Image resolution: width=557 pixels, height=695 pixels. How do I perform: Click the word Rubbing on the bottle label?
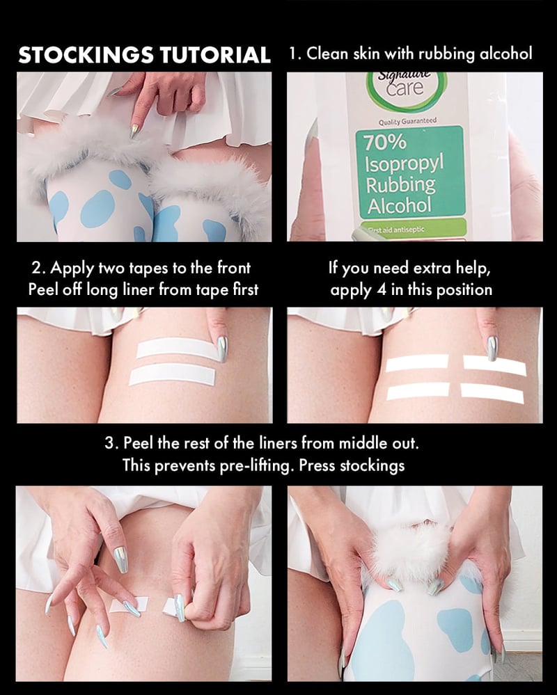click(x=399, y=185)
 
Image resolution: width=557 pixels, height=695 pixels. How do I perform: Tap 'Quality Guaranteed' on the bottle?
click(x=407, y=121)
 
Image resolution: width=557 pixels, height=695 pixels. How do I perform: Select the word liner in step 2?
click(x=134, y=289)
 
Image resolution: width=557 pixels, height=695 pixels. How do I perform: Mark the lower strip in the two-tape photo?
click(x=173, y=374)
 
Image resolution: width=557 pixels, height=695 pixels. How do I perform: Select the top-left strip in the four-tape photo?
click(x=417, y=362)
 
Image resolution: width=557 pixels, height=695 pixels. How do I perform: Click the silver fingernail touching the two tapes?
click(x=221, y=349)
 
